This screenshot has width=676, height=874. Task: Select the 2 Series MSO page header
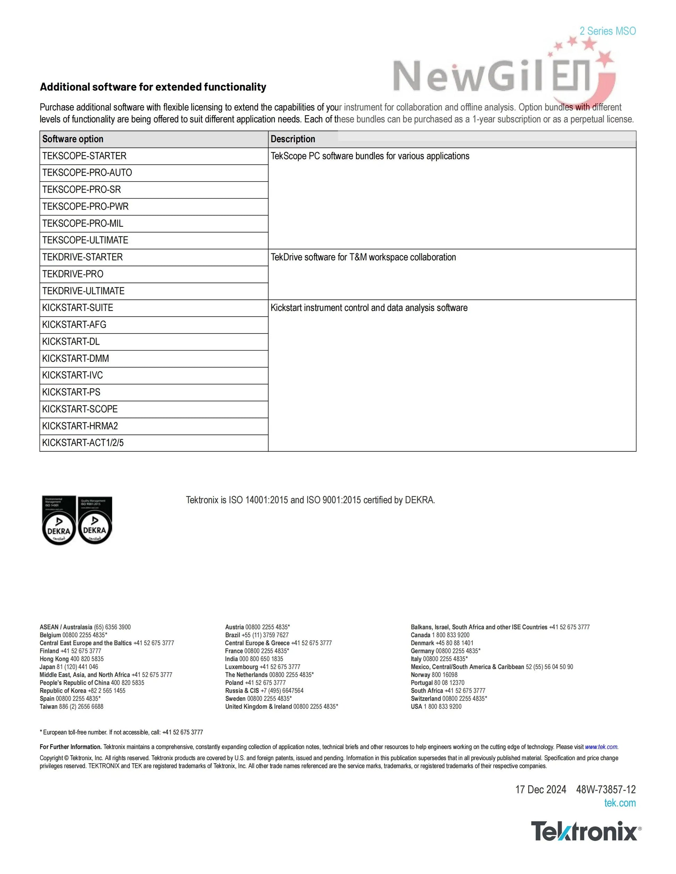pyautogui.click(x=608, y=31)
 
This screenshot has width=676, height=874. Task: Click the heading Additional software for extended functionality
pyautogui.click(x=153, y=87)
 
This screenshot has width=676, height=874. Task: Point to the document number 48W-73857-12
pyautogui.click(x=605, y=790)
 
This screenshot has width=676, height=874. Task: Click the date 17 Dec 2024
pyautogui.click(x=541, y=790)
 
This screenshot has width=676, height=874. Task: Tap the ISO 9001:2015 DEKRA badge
pyautogui.click(x=94, y=521)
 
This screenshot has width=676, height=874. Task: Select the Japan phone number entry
pyautogui.click(x=69, y=667)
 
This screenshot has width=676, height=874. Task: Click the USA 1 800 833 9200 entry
pyautogui.click(x=436, y=706)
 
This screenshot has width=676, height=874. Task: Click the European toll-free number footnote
pyautogui.click(x=121, y=732)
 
